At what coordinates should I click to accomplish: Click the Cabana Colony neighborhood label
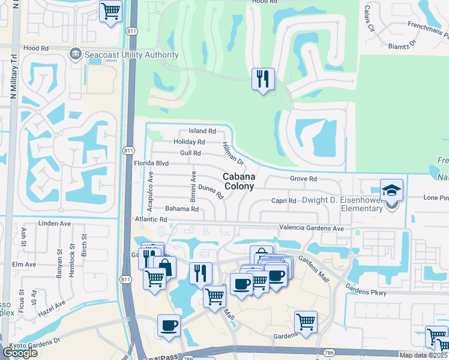coord(240,181)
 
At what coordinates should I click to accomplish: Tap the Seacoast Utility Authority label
coord(132,55)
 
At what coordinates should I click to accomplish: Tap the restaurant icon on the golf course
coord(262,79)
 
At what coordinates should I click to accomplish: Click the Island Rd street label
coord(202,131)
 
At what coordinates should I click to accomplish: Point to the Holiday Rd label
coord(189,142)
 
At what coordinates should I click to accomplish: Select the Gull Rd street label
coord(190,153)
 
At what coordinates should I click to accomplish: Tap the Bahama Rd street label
coord(181,209)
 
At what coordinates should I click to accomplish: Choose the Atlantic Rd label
coord(151,220)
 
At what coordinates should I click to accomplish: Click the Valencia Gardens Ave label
coord(311,228)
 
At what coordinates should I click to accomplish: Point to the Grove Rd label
coord(303,179)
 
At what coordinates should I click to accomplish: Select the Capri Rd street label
coord(284,200)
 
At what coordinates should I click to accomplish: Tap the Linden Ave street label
coord(55,224)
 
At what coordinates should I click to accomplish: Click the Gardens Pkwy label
coord(366,292)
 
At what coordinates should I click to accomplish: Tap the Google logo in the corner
coord(19,352)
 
